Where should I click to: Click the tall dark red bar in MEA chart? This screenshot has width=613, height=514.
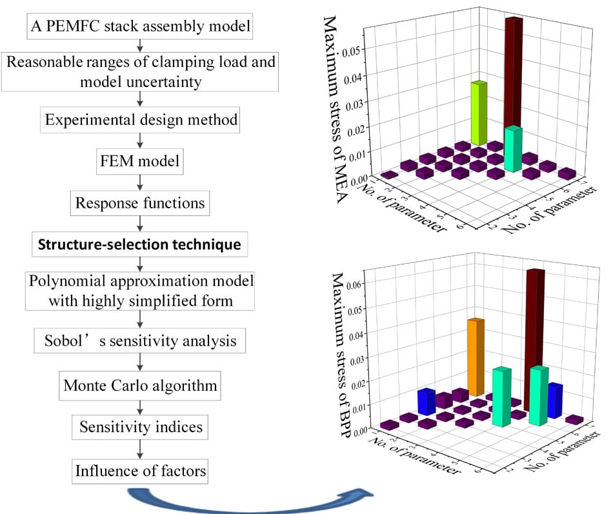click(x=513, y=71)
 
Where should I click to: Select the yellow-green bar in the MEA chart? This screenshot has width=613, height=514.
click(x=478, y=113)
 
